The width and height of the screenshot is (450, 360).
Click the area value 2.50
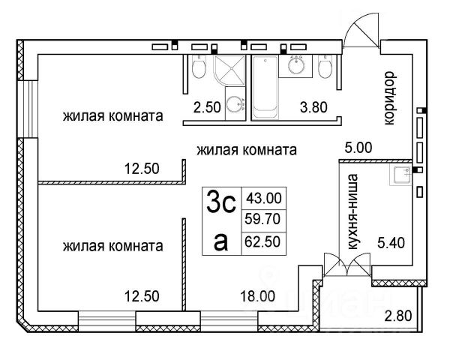(206, 106)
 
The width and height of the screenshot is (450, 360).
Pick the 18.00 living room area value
(256, 295)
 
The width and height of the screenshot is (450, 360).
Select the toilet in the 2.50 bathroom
(198, 70)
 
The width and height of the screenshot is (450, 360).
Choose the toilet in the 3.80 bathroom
(324, 68)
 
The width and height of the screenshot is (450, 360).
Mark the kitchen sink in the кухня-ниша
(398, 175)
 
